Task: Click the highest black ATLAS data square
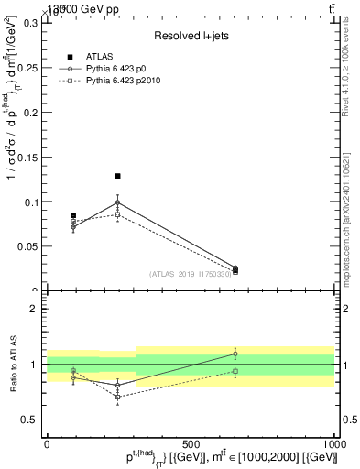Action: pyautogui.click(x=117, y=176)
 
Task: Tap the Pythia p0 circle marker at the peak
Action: pyautogui.click(x=117, y=202)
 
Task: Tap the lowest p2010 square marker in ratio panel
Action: pyautogui.click(x=117, y=397)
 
